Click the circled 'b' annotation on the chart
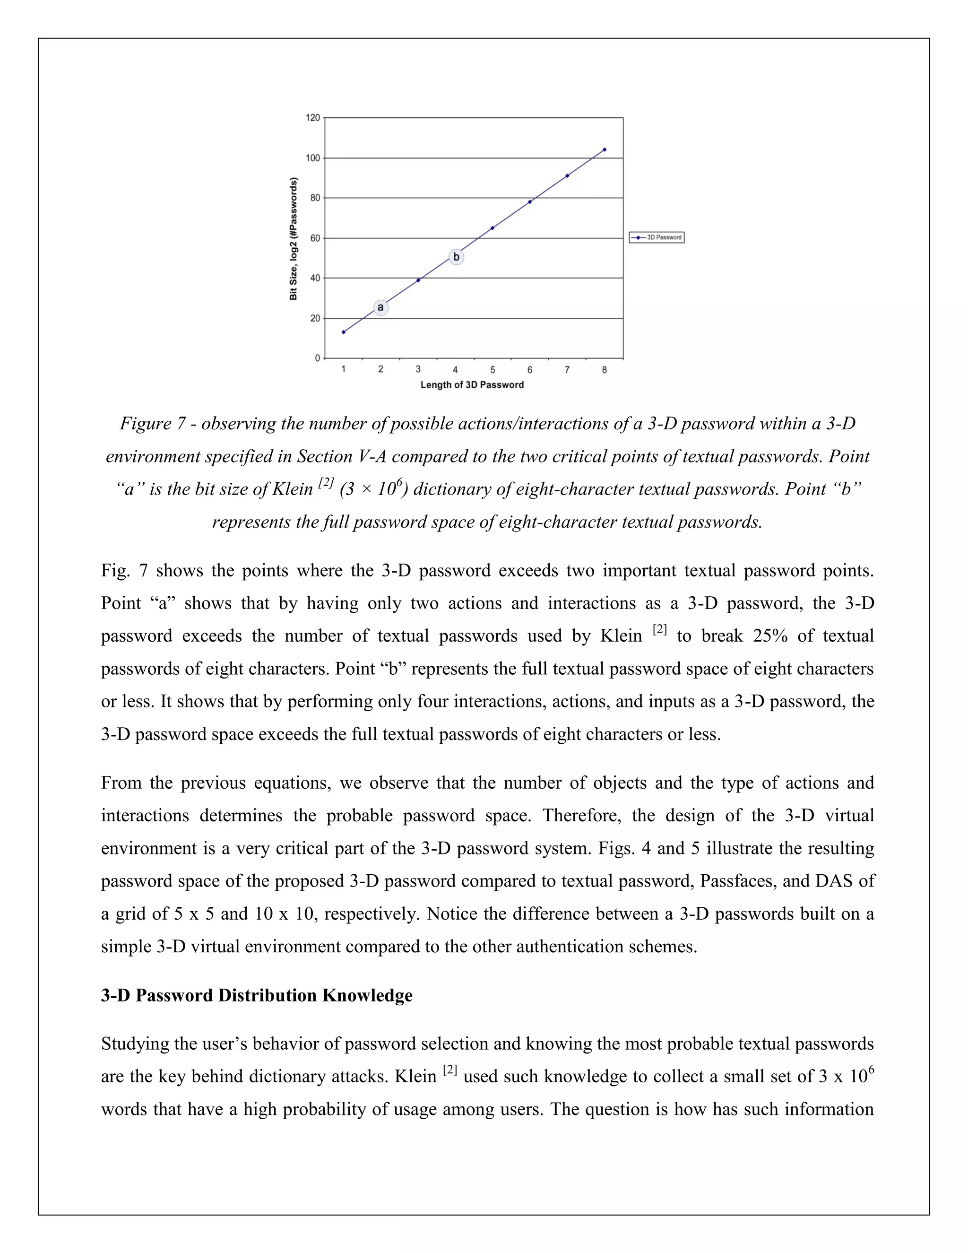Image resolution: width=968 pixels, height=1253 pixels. pyautogui.click(x=456, y=257)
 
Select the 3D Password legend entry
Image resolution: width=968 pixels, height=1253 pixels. pyautogui.click(x=657, y=237)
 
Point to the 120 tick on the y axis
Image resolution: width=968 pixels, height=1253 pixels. pyautogui.click(x=312, y=118)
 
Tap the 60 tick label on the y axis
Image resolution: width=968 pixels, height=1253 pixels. pyautogui.click(x=315, y=238)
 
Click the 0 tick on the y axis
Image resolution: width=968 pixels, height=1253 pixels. pyautogui.click(x=317, y=358)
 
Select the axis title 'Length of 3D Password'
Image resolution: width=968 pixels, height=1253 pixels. pyautogui.click(x=472, y=385)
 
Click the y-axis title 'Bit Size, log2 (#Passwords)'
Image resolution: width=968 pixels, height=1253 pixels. pyautogui.click(x=294, y=239)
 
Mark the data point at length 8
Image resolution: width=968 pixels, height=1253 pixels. pyautogui.click(x=605, y=150)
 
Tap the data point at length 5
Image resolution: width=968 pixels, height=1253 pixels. pyautogui.click(x=493, y=228)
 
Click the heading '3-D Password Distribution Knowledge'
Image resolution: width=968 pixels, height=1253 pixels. pyautogui.click(x=256, y=995)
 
